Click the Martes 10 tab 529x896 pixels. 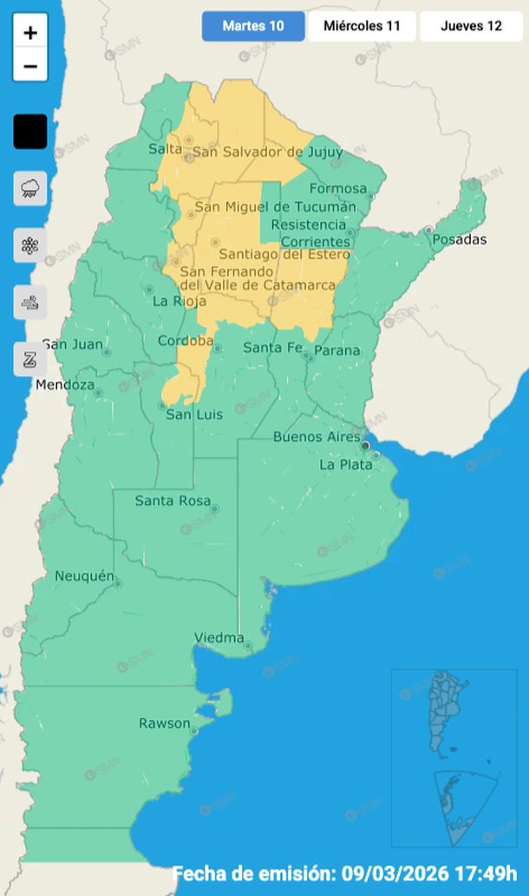coord(253,26)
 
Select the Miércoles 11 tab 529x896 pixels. coord(362,26)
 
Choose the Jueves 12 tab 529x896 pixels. coord(471,26)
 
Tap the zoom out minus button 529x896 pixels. coord(30,66)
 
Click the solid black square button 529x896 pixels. coord(30,132)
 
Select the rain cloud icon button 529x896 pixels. coord(30,188)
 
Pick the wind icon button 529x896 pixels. coord(30,302)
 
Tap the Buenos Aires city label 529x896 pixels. coord(316,437)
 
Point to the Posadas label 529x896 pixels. coord(460,240)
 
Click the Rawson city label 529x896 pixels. coord(164,724)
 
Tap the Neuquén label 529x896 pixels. coord(84,576)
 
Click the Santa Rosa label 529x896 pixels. coord(171,501)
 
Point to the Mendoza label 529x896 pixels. coord(65,385)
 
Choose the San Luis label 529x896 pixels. coord(194,415)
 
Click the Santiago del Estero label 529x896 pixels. coord(284,255)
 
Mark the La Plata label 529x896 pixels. coord(345,465)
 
